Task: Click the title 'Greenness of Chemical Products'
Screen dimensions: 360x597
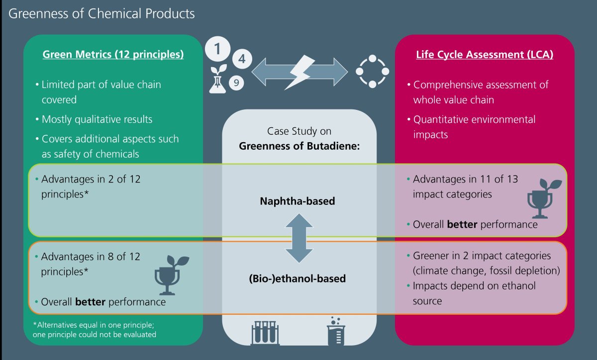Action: click(101, 13)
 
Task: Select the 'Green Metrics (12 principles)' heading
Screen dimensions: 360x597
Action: click(113, 55)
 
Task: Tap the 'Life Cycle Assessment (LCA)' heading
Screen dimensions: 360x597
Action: click(485, 55)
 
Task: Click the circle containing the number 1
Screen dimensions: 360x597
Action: click(218, 49)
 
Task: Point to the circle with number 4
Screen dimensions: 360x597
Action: click(242, 59)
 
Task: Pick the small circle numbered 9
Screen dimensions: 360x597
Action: click(237, 82)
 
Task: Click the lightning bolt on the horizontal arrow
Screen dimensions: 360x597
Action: click(299, 72)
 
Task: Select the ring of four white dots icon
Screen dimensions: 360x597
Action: click(372, 72)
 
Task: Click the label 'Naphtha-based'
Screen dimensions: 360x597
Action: click(297, 201)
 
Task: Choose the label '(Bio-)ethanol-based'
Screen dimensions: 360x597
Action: click(297, 278)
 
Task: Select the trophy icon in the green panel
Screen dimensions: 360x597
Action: click(171, 275)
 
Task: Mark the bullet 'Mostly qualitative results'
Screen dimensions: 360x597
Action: click(97, 119)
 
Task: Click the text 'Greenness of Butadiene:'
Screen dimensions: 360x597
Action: click(298, 146)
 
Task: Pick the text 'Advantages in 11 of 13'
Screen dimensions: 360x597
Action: click(465, 179)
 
